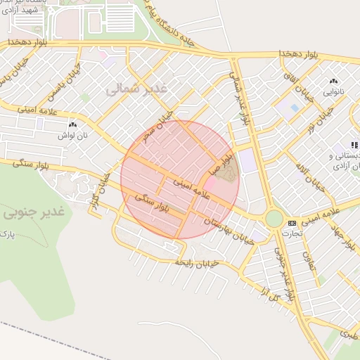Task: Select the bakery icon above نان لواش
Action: [x=72, y=124]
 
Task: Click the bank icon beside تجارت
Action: [x=292, y=223]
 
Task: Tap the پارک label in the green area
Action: [x=6, y=231]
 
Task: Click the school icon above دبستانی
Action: [x=354, y=144]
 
